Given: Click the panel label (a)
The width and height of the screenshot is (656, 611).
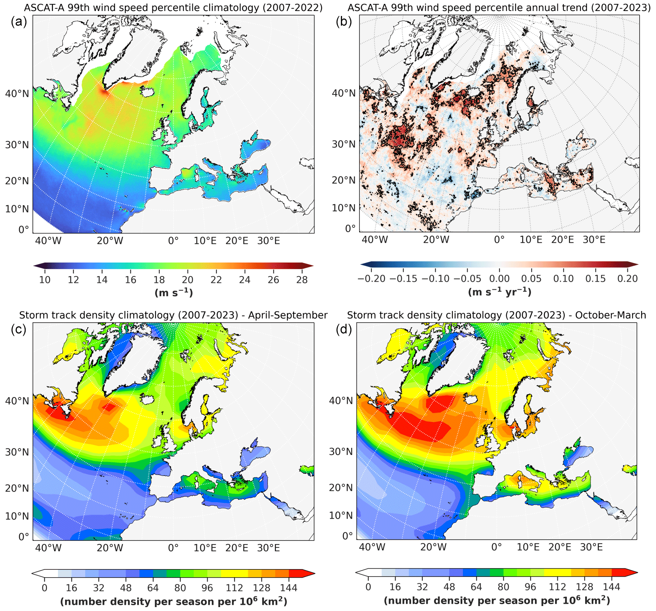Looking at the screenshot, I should [18, 22].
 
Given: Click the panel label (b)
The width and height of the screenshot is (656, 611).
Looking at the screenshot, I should [343, 22].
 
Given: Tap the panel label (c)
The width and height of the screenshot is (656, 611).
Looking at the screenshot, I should [18, 329].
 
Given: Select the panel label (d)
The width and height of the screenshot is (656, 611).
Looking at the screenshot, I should [343, 329].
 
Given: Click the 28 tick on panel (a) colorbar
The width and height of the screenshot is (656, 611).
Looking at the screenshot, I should [302, 280].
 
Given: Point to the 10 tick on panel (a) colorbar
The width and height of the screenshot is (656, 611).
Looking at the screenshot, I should [45, 280].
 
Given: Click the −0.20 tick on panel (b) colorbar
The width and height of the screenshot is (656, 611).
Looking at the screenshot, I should [371, 279].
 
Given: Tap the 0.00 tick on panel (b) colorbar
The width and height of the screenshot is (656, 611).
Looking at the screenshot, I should [499, 279].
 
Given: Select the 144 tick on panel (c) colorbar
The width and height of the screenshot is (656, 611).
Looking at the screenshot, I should [288, 588].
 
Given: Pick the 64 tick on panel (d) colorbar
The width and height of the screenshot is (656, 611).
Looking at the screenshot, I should [476, 587].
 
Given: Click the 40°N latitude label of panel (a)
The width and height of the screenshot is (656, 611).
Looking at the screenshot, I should [17, 94].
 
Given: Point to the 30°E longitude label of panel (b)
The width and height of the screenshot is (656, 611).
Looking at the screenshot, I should [594, 240].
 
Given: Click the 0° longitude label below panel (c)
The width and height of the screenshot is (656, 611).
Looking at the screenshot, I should [173, 548].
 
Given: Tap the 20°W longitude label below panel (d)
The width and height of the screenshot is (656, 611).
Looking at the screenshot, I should [433, 547].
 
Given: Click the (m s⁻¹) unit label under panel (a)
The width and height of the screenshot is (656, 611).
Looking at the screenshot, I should [174, 293].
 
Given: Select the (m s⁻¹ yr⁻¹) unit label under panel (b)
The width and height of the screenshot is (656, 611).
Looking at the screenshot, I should [500, 292].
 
